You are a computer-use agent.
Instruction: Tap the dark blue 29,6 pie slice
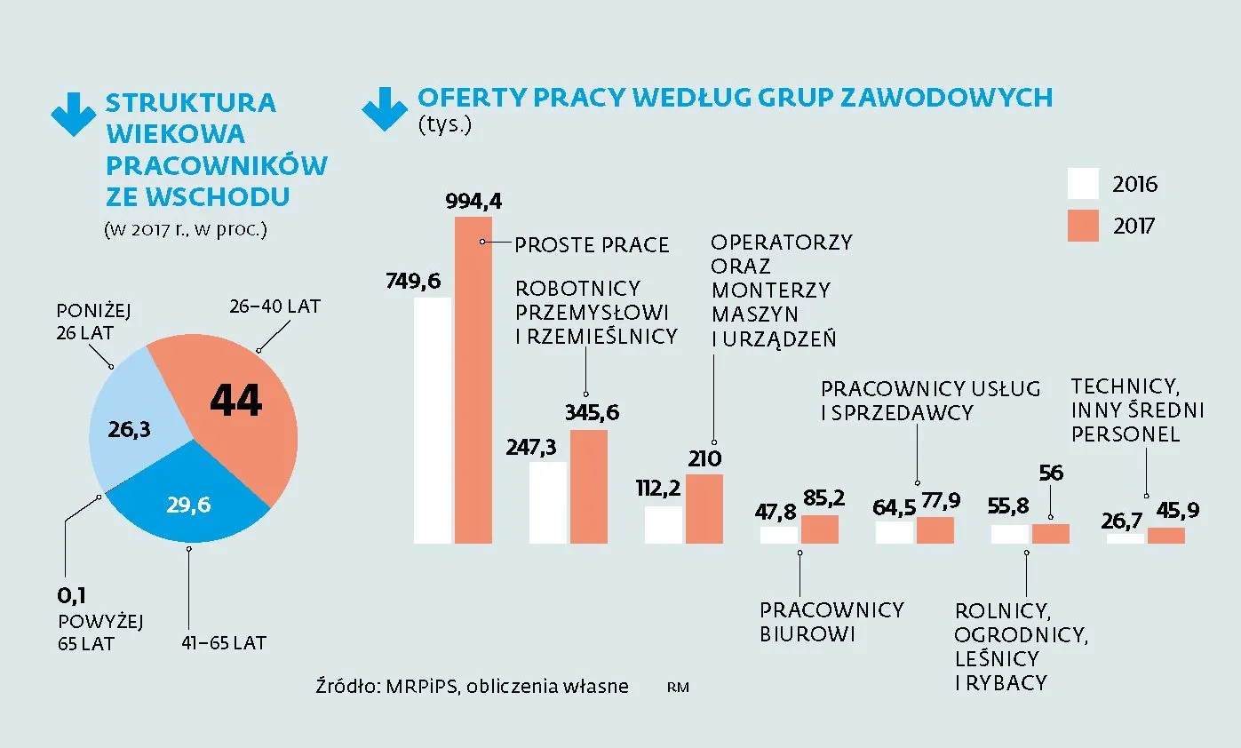[x=191, y=506]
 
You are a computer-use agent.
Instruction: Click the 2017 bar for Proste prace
[x=473, y=382]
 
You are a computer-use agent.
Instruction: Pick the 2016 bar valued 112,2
[x=663, y=525]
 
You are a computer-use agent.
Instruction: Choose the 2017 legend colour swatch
[x=1083, y=226]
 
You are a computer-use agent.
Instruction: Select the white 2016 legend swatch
[x=1083, y=184]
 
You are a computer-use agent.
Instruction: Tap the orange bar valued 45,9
[x=1165, y=535]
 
